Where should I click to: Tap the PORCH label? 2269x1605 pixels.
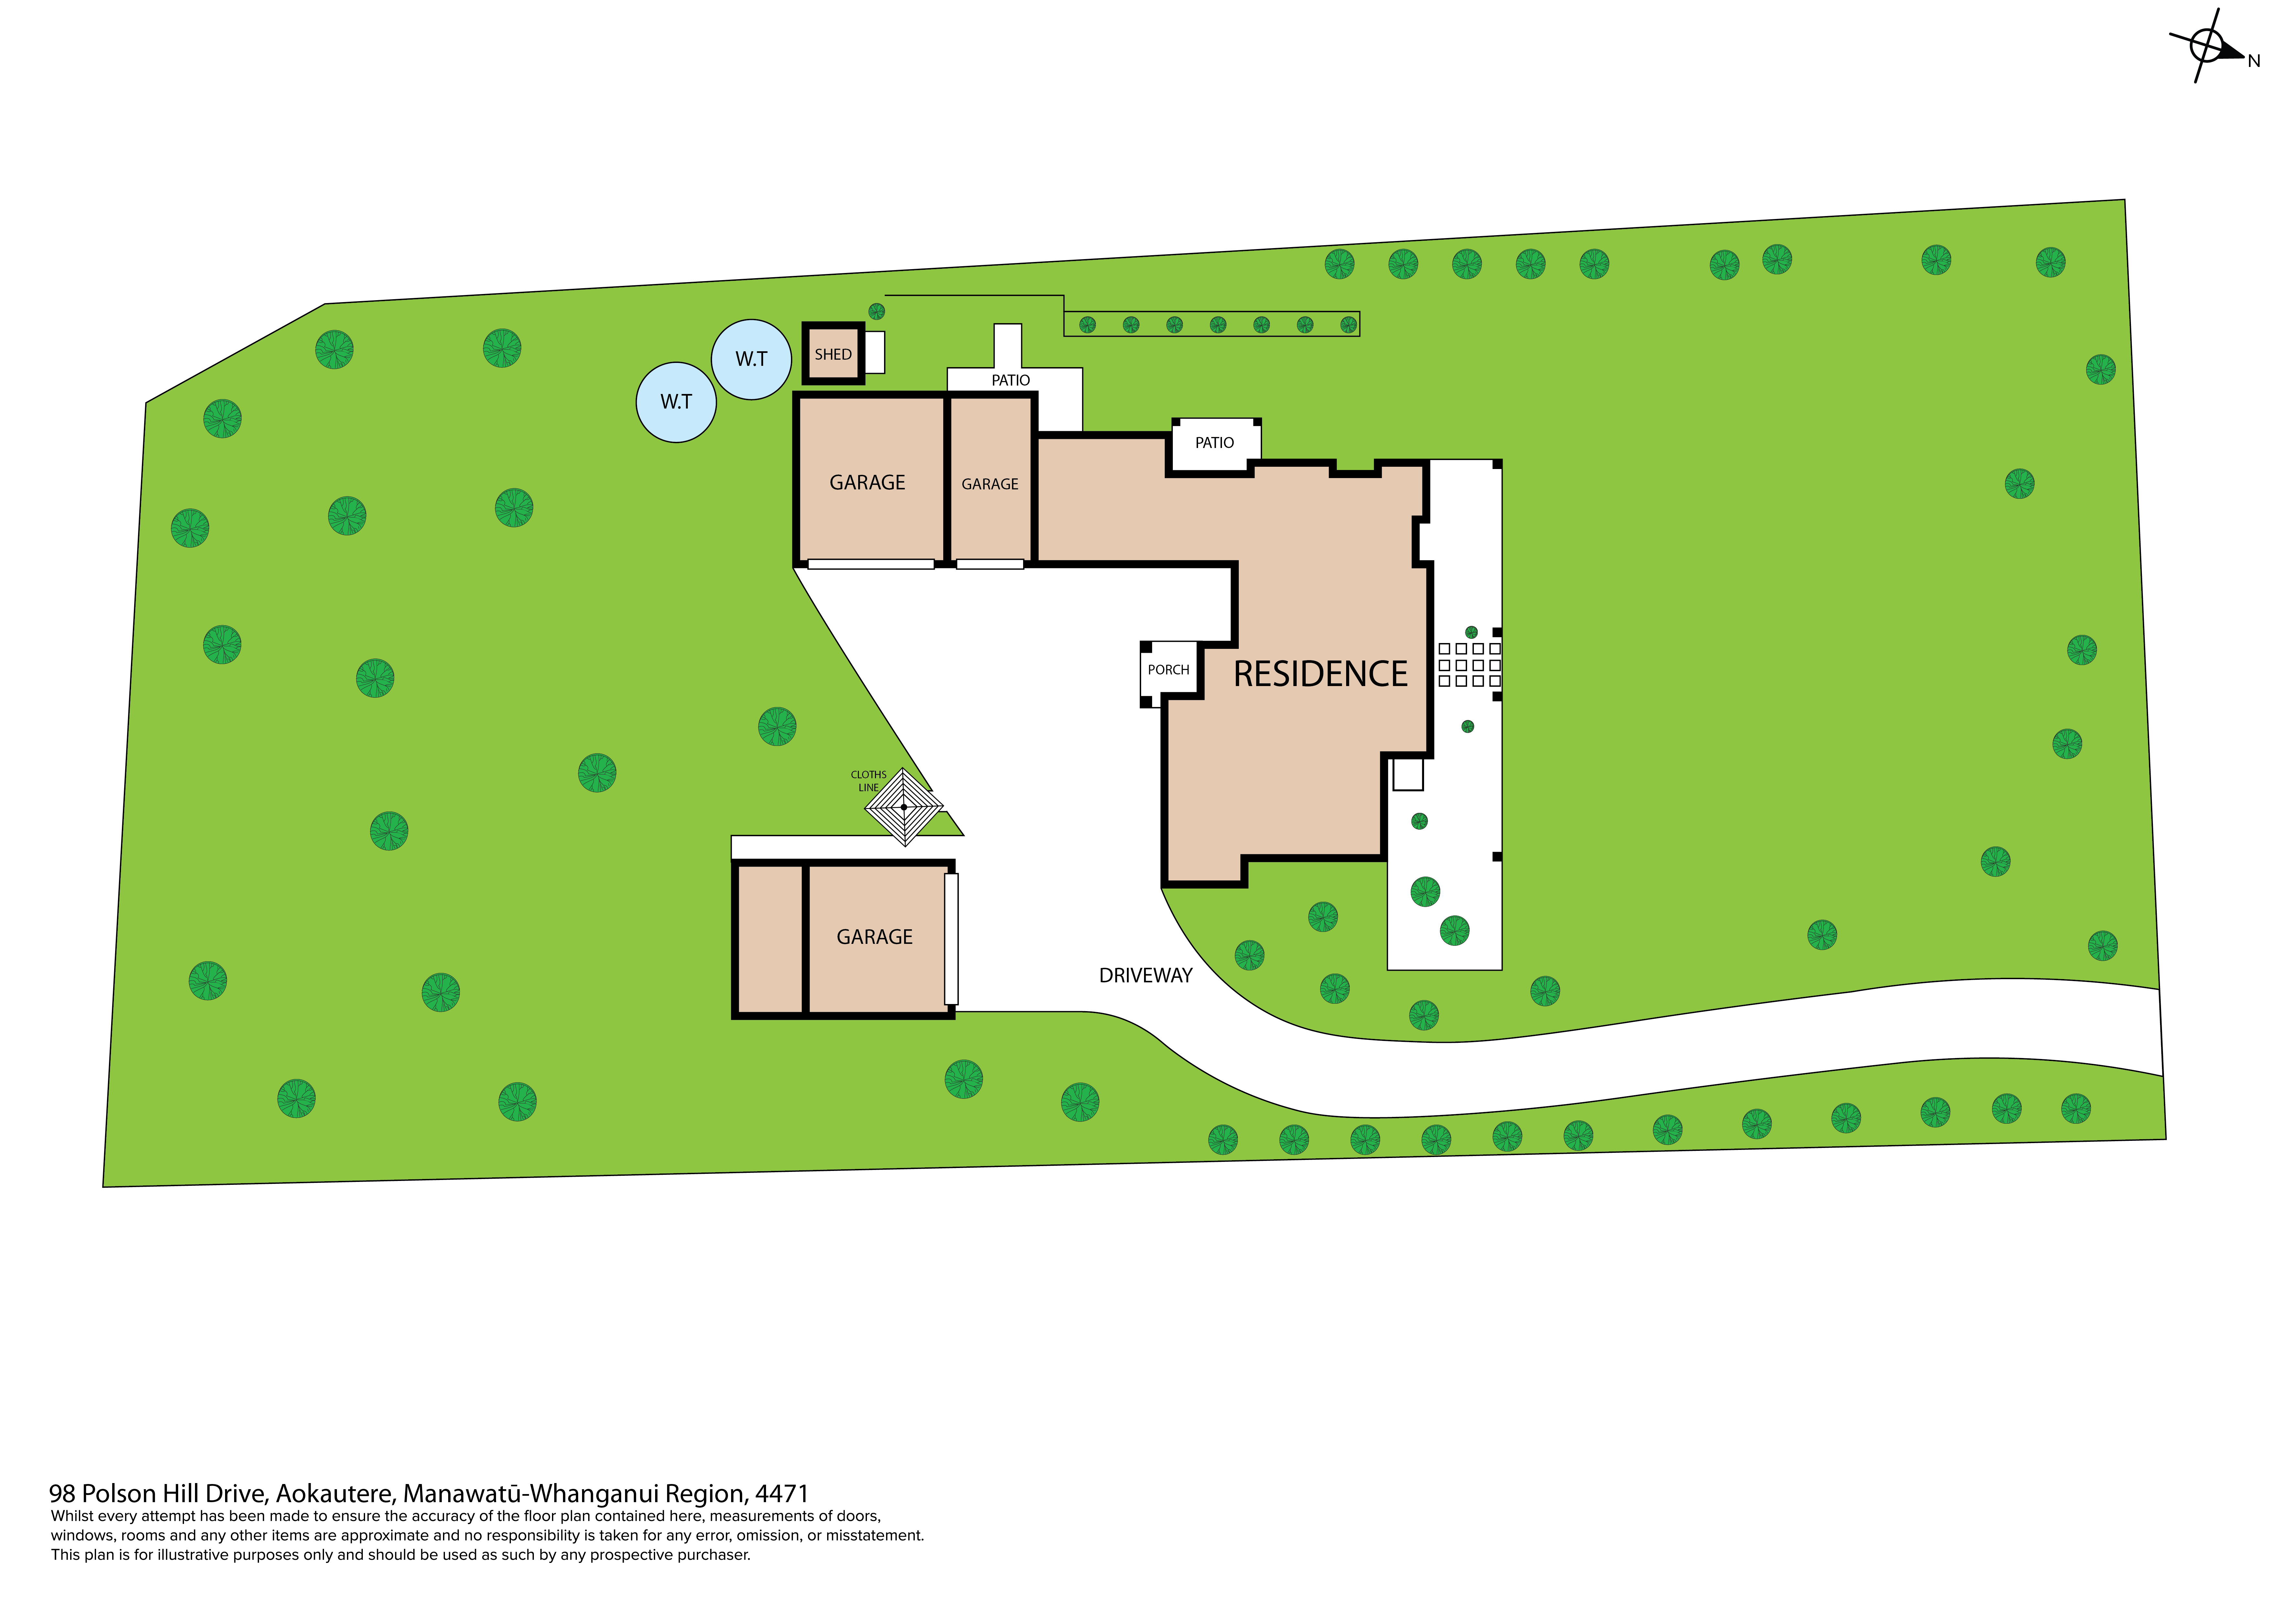click(x=1168, y=670)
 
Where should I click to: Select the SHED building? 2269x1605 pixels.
click(x=833, y=353)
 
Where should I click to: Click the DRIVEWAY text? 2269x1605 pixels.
click(x=1145, y=976)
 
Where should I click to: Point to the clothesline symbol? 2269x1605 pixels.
click(x=903, y=807)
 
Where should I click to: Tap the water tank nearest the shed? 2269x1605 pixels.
click(x=751, y=360)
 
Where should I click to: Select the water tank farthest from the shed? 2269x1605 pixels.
click(x=676, y=402)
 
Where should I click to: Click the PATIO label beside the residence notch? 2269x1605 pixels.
click(x=1215, y=443)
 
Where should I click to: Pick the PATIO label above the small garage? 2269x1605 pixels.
click(x=1010, y=380)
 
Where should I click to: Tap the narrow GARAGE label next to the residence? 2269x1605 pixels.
click(x=989, y=484)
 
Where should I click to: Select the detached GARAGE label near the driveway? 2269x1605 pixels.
click(x=875, y=937)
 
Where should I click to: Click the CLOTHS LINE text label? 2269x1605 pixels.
click(x=869, y=781)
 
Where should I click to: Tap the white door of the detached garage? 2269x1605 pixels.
click(x=951, y=939)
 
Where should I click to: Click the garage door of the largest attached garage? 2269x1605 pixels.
click(x=870, y=564)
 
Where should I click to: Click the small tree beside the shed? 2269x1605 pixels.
click(x=877, y=311)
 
